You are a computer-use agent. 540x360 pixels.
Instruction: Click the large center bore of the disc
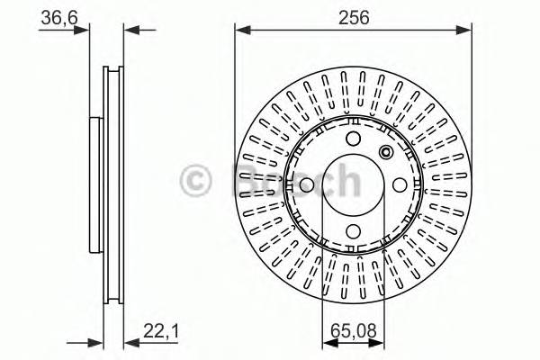click(x=353, y=184)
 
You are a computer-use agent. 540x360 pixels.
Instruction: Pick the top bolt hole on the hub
click(x=353, y=138)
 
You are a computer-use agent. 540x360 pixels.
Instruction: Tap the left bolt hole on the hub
click(x=306, y=184)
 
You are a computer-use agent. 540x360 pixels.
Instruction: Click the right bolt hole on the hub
click(x=400, y=184)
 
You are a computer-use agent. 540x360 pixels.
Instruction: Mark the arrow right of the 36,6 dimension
click(x=130, y=30)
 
